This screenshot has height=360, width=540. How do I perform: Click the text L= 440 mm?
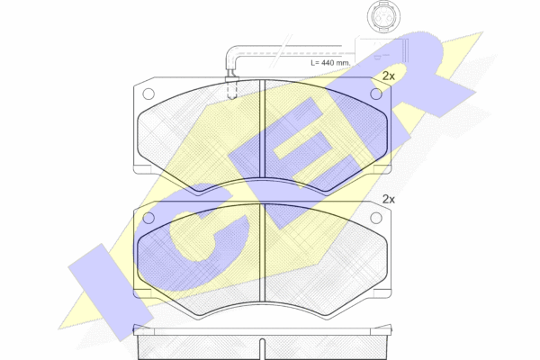pyautogui.click(x=330, y=63)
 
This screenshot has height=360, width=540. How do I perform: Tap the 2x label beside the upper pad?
pyautogui.click(x=389, y=76)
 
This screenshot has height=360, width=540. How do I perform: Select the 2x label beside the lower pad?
pyautogui.click(x=389, y=199)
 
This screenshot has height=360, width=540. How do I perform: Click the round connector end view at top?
pyautogui.click(x=383, y=16)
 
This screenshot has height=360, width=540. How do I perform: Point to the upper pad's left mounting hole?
pyautogui.click(x=148, y=94)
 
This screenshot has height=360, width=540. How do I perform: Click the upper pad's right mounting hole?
pyautogui.click(x=375, y=94)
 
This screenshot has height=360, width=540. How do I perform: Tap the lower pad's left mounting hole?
pyautogui.click(x=148, y=218)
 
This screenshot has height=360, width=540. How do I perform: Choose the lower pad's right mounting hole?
pyautogui.click(x=375, y=218)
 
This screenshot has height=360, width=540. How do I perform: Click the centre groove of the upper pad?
pyautogui.click(x=262, y=129)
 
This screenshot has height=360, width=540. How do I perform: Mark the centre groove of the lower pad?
pyautogui.click(x=262, y=253)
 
